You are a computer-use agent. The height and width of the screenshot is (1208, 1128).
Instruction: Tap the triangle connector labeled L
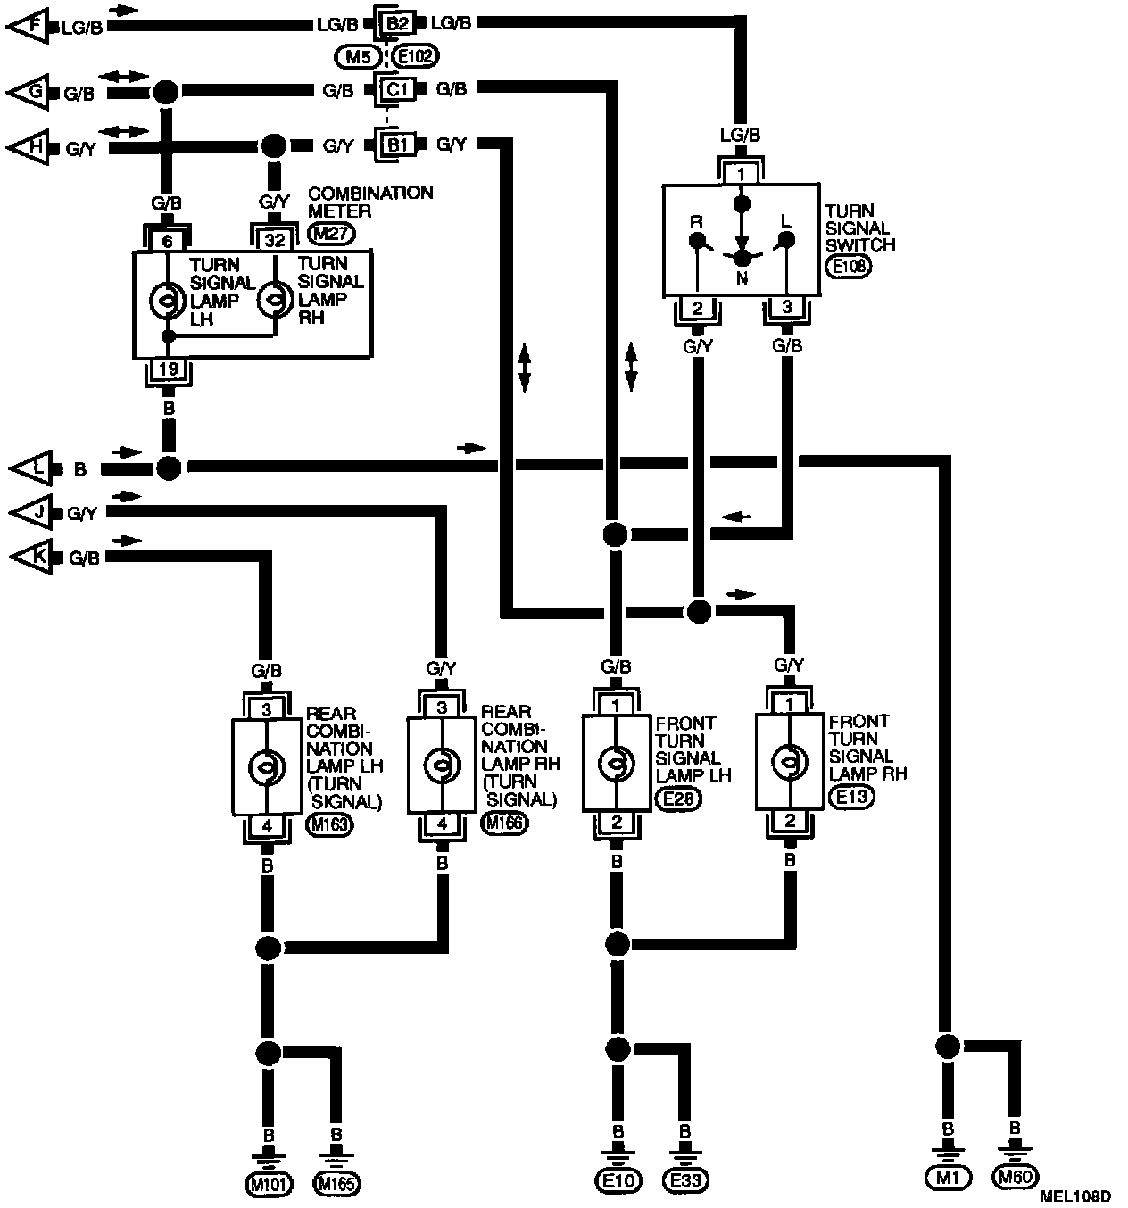(x=30, y=467)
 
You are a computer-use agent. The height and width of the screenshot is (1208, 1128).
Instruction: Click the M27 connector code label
(x=331, y=234)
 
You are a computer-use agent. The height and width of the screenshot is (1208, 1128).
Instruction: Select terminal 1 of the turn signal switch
(x=740, y=173)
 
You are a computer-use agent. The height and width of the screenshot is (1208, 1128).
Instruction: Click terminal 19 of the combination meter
(x=167, y=369)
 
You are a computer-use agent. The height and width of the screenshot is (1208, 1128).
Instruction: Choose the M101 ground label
(x=267, y=1184)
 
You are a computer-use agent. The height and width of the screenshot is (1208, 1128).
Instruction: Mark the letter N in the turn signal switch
(x=741, y=277)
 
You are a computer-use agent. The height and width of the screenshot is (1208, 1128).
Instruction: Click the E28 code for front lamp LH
(x=678, y=798)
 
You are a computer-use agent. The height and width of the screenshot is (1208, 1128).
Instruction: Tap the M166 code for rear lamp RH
(x=504, y=823)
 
